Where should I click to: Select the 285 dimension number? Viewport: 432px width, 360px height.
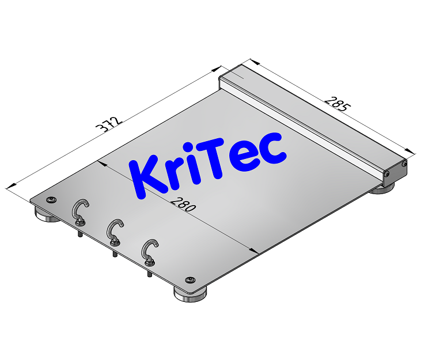(337, 103)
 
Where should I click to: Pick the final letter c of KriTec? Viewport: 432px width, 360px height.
(272, 149)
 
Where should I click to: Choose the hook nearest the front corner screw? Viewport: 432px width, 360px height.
(151, 251)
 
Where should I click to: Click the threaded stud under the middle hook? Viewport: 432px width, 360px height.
(115, 253)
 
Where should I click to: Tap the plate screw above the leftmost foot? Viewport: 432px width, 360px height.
(52, 199)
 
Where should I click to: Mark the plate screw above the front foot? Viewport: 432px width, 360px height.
(190, 281)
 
